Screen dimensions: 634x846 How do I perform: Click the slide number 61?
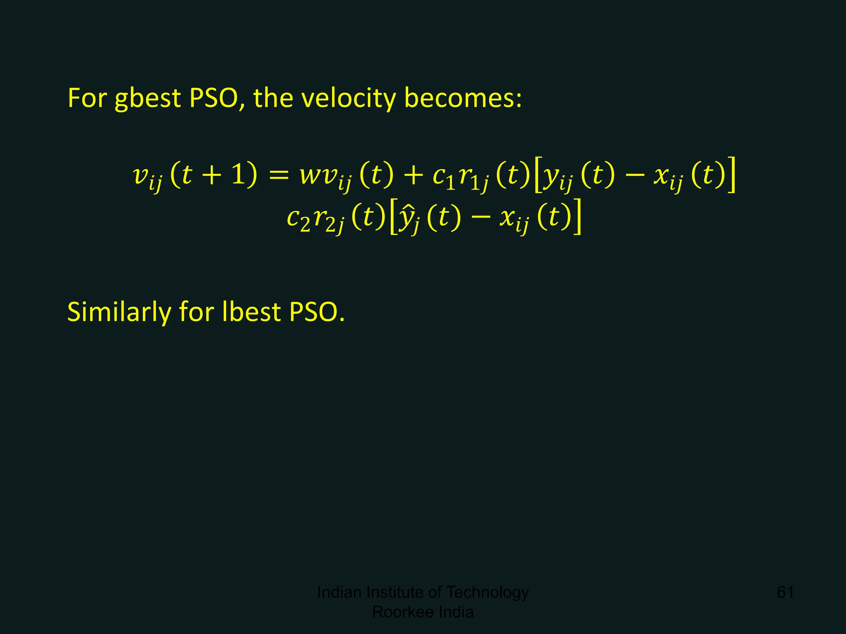tap(785, 592)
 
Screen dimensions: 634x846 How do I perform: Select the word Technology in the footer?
tap(487, 592)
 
